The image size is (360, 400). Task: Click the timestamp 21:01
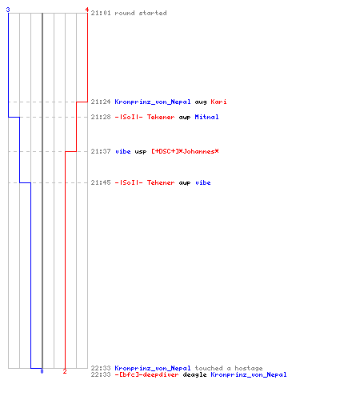101,13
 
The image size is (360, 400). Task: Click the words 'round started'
141,13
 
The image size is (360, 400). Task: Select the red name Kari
218,102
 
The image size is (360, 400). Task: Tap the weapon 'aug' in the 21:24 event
201,102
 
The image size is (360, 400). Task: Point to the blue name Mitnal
206,117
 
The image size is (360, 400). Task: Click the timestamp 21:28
101,117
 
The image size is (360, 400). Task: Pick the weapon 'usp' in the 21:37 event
141,152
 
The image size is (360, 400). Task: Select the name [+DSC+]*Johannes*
185,151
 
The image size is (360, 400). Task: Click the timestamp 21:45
101,182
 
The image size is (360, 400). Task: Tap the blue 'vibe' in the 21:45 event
203,182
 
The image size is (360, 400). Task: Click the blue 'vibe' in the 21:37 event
123,151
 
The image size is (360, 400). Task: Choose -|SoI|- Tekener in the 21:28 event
145,117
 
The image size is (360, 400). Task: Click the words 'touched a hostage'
229,368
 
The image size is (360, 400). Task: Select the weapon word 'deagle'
194,375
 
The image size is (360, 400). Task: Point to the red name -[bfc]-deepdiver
146,374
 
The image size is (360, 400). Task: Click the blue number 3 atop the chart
8,10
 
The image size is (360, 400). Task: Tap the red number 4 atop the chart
87,10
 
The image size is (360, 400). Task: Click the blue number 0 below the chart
42,371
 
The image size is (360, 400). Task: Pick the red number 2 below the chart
65,371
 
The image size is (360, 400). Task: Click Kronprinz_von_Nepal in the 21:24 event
153,102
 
